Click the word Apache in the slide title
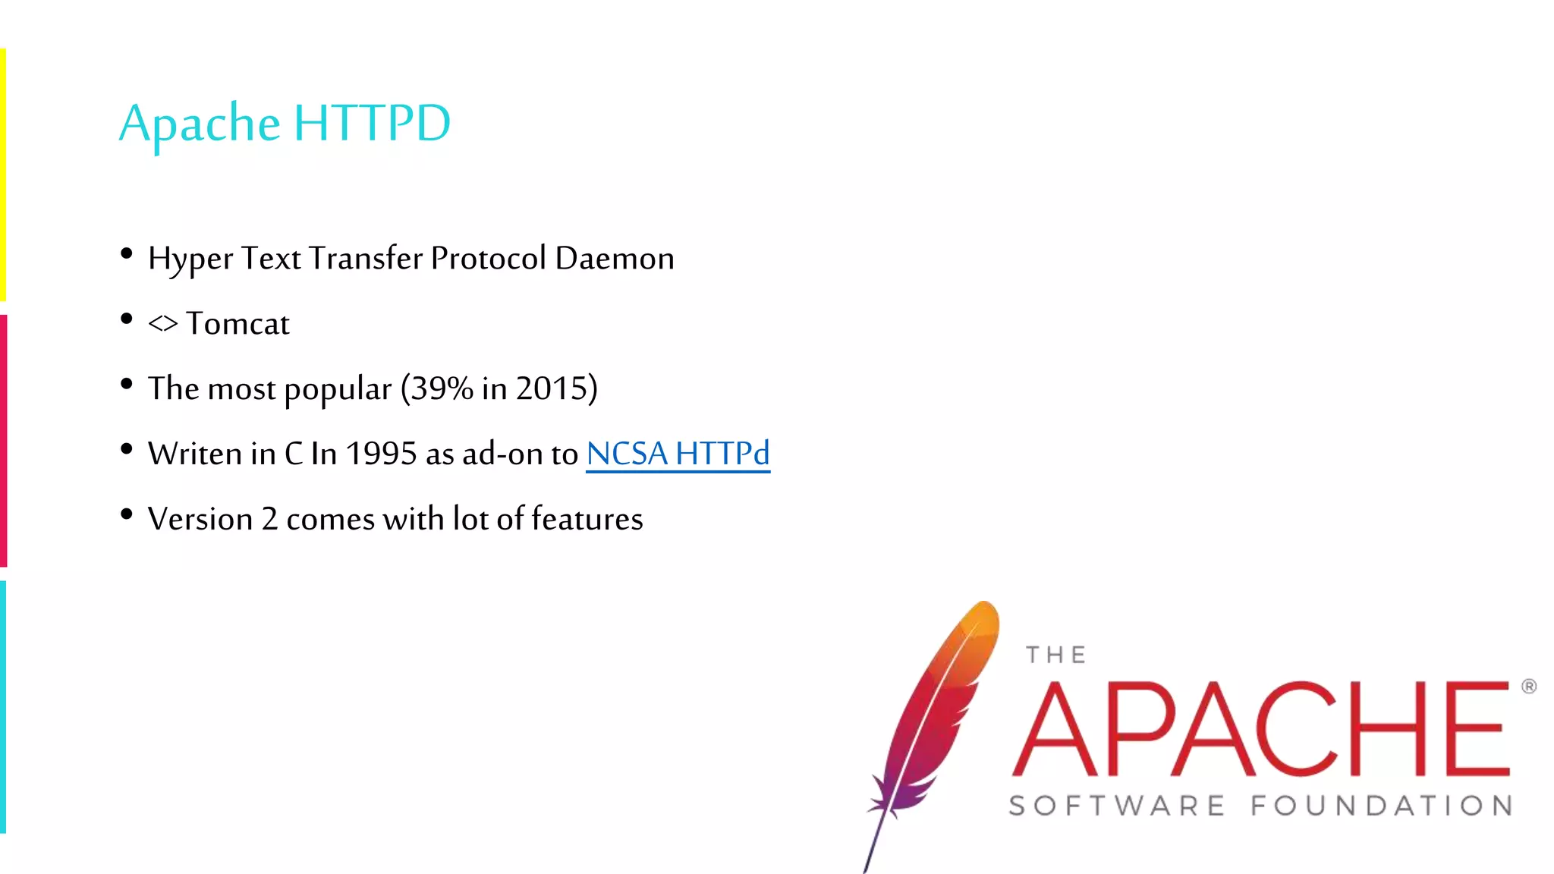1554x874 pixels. coord(200,124)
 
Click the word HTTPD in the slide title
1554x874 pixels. coord(372,124)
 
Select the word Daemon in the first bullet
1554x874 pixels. coord(614,259)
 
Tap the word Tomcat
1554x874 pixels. coord(238,324)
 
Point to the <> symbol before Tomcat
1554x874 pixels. coord(162,325)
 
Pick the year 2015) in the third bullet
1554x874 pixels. coord(556,388)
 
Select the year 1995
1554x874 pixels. coord(381,454)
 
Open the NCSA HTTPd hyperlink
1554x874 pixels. coord(678,454)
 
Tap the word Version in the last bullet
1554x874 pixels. coord(200,519)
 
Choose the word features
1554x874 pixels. coord(587,519)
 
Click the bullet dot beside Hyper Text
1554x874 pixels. coord(127,253)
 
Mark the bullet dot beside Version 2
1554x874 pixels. coord(127,514)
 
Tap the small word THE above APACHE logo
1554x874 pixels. coord(1055,655)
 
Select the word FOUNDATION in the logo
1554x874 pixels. coord(1381,806)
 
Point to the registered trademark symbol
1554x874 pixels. coord(1528,687)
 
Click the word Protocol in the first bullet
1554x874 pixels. coord(488,259)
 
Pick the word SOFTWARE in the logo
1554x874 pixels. coord(1117,806)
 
